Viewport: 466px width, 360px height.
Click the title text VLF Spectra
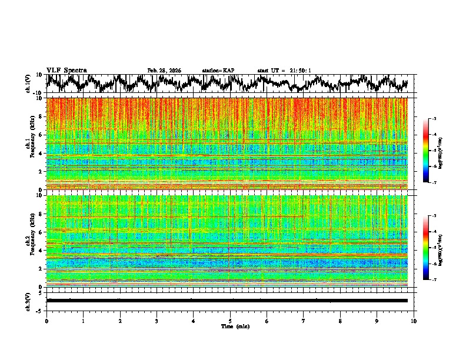coord(66,71)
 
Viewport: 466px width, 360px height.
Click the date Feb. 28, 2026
coord(164,71)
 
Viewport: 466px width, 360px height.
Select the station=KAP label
coord(218,71)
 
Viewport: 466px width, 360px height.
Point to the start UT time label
coord(284,71)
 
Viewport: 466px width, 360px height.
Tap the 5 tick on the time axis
coord(230,321)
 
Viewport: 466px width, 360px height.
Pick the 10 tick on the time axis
coord(414,321)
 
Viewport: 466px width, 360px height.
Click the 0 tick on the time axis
coord(46,321)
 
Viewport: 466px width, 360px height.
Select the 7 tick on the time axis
coord(304,321)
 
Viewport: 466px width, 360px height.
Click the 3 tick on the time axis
coord(157,321)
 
